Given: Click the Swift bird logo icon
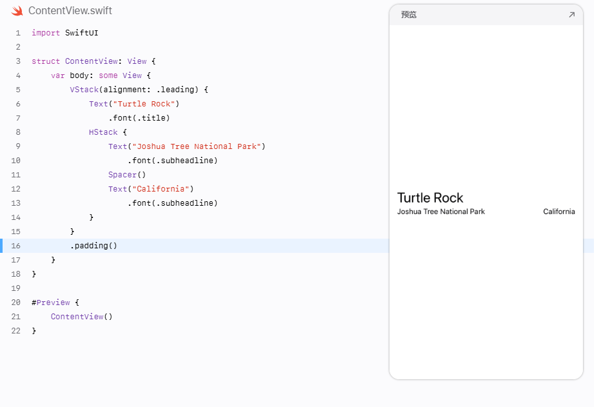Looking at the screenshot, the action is point(17,11).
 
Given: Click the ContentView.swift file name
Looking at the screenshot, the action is point(70,11).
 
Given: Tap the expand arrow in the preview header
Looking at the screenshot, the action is point(571,15).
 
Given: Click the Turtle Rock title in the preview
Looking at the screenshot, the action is point(430,198).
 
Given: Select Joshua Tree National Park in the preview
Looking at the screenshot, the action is point(441,212).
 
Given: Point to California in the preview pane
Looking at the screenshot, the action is point(559,212).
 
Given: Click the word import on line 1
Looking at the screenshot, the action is point(46,33).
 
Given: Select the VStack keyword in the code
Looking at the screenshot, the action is point(84,90).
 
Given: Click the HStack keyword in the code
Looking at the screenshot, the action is point(103,132).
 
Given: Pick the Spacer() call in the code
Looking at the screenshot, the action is point(127,175).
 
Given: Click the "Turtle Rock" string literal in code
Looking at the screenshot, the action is point(144,104).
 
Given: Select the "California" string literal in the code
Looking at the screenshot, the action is point(161,189).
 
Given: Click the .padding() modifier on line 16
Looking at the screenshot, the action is point(94,246).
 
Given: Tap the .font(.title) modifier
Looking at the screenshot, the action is point(139,118).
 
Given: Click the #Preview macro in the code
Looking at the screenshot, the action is point(51,303).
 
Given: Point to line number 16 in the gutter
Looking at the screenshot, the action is point(15,246).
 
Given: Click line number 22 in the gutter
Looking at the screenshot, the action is point(15,331).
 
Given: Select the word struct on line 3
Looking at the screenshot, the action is point(46,61).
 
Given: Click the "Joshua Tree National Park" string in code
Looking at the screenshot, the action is point(196,146).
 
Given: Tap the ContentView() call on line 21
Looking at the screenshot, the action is point(82,317).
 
